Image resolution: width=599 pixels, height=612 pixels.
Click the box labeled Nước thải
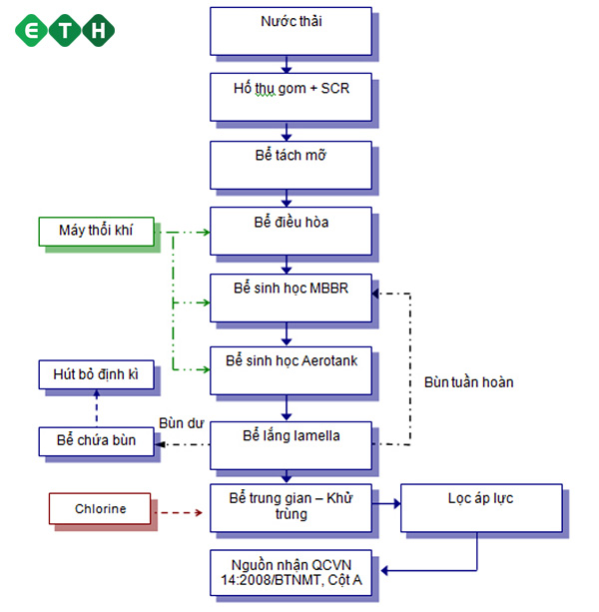point(290,30)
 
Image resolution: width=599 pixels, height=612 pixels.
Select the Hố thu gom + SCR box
point(290,96)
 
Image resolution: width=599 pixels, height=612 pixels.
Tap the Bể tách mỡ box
point(290,163)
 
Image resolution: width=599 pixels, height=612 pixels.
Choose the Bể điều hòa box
point(290,230)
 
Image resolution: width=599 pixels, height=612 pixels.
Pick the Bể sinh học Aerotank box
point(290,368)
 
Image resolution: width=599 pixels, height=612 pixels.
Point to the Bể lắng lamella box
point(290,443)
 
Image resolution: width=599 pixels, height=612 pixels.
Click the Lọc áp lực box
point(481,507)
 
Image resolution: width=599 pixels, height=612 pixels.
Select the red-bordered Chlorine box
point(101,509)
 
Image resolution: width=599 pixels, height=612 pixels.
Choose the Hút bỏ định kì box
point(97,375)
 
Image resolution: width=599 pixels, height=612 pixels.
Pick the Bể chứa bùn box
point(97,440)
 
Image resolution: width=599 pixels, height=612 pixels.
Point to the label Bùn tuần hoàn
point(468,382)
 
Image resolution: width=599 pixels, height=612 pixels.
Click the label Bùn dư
point(181,423)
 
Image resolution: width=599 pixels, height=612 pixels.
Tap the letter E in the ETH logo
point(36,30)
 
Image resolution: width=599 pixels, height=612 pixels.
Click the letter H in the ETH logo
point(100,30)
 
